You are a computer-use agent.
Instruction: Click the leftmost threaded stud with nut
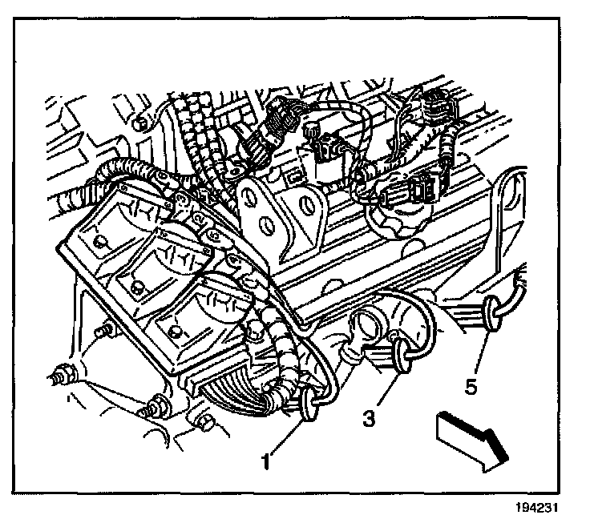click(x=60, y=372)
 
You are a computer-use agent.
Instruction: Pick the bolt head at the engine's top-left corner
click(x=141, y=123)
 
